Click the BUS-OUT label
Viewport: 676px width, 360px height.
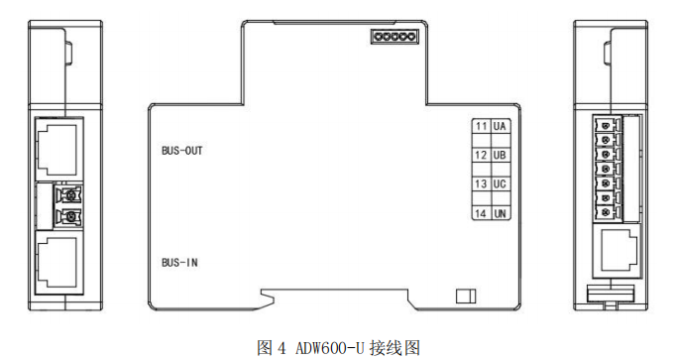181,152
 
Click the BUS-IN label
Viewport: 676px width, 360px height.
179,263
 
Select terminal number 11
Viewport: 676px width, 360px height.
481,127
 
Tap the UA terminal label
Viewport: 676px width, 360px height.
500,127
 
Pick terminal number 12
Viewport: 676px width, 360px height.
481,156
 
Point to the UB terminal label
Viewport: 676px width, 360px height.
500,156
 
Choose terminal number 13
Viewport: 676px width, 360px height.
481,184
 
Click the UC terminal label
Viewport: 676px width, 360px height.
500,184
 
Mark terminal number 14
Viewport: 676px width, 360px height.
481,212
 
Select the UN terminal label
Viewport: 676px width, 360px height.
500,212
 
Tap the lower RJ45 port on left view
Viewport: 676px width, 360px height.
59,260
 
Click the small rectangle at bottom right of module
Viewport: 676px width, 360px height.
465,296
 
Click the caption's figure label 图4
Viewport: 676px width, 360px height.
271,347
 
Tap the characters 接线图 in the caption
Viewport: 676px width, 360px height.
393,347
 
